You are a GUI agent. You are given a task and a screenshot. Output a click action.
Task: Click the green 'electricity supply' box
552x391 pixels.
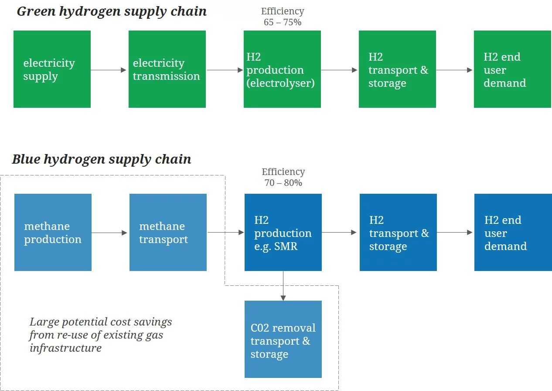(52, 69)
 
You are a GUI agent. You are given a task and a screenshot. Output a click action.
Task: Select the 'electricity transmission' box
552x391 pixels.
(167, 69)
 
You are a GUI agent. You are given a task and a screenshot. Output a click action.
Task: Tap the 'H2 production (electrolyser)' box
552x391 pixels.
(282, 69)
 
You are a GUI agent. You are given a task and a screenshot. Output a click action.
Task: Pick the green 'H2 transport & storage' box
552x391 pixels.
(397, 69)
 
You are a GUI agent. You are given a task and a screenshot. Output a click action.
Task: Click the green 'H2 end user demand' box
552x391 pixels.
(512, 69)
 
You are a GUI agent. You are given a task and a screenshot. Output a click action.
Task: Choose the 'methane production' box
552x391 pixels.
(53, 232)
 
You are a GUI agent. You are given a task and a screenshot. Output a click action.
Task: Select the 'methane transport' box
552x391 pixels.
(168, 232)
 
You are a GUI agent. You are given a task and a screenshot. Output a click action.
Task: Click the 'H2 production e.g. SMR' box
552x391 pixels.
(283, 232)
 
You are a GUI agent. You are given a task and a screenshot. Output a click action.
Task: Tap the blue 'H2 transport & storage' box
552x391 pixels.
(398, 232)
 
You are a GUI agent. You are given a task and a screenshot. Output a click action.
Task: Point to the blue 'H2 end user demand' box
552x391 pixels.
(513, 232)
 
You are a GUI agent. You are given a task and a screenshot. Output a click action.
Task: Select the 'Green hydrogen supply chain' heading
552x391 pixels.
(112, 11)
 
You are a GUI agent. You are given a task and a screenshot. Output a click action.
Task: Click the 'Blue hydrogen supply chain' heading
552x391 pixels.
(102, 159)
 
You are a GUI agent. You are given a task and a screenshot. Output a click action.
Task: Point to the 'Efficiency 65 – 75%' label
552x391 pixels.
(283, 17)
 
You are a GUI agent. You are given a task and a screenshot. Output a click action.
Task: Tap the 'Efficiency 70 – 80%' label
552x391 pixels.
(283, 177)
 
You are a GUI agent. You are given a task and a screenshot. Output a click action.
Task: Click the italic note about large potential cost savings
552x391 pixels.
(101, 335)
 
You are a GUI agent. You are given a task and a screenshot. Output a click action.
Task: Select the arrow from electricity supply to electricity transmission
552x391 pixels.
(109, 70)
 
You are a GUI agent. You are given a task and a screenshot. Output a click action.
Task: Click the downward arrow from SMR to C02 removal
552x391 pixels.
(283, 286)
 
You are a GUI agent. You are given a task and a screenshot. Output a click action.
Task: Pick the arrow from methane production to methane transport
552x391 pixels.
(110, 233)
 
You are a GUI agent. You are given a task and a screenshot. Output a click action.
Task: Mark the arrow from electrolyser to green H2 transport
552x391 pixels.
(339, 70)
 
